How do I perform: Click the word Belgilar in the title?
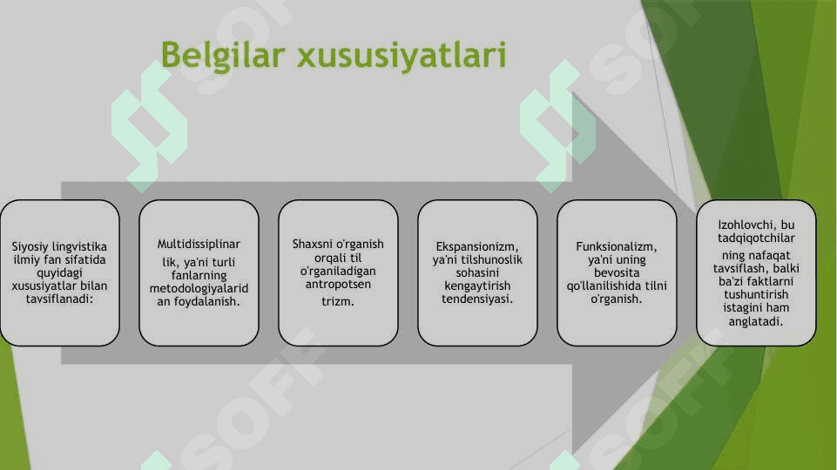click(x=223, y=55)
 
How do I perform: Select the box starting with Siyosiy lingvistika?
click(x=60, y=272)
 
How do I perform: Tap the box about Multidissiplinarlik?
click(x=199, y=272)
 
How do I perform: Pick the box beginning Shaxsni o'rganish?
click(x=338, y=272)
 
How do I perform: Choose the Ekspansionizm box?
click(x=477, y=272)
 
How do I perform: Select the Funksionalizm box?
click(x=617, y=272)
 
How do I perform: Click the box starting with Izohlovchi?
click(x=756, y=272)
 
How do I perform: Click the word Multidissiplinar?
click(x=199, y=245)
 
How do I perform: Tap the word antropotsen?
click(x=338, y=285)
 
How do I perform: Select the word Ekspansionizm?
click(x=477, y=247)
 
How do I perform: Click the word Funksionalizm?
click(x=617, y=247)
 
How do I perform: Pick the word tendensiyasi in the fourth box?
click(x=477, y=299)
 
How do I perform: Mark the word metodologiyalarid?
click(x=199, y=289)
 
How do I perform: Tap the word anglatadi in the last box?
click(x=756, y=321)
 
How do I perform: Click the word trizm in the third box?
click(x=338, y=301)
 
